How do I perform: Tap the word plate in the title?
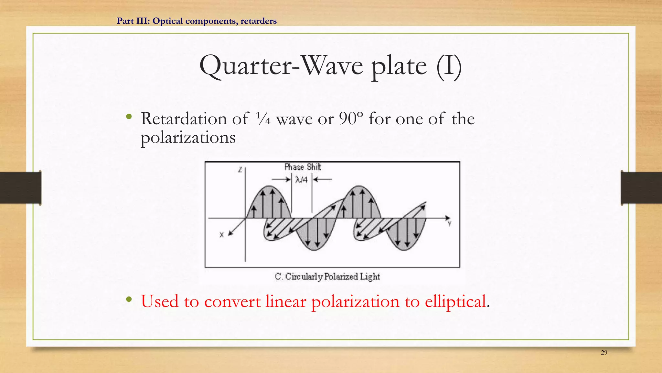pos(399,67)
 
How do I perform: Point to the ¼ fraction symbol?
pos(263,119)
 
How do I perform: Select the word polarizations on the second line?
pos(188,138)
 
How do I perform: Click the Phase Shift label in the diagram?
pos(303,167)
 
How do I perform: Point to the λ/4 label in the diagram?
pos(301,180)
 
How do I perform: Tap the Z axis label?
pos(240,169)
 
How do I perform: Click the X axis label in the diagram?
pos(222,235)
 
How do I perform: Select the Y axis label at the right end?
pos(449,223)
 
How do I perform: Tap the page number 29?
pos(604,353)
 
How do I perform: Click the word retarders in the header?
pos(259,21)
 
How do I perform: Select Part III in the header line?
pos(133,21)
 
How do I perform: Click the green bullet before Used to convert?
pos(129,299)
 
